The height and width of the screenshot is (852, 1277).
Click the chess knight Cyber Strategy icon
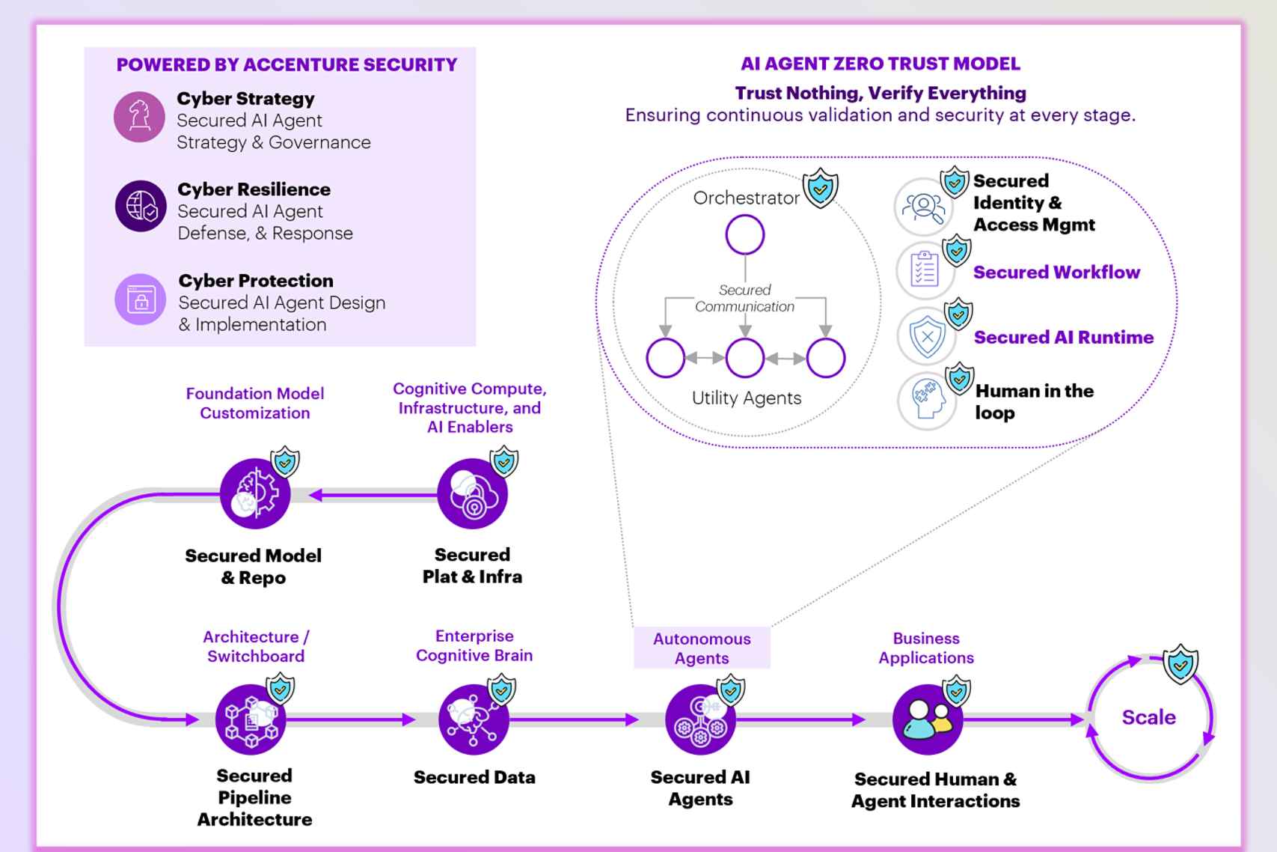coord(139,117)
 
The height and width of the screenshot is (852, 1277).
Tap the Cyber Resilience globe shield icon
coord(141,206)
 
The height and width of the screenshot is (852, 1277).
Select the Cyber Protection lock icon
coord(141,299)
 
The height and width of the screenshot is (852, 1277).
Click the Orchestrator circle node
coord(744,235)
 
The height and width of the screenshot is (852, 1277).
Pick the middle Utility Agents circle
coord(744,358)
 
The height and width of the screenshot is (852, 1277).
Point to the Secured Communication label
coord(744,298)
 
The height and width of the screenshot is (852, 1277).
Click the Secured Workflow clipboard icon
coord(925,270)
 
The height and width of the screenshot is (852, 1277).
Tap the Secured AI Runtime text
coord(1063,338)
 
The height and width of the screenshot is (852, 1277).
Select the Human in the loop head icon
coord(927,402)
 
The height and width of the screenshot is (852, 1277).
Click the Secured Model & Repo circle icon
coord(255,494)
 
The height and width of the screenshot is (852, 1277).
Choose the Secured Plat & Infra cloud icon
coord(472,494)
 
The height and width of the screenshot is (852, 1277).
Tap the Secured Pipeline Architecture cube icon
coord(251,719)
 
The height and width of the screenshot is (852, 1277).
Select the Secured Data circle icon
coord(474,719)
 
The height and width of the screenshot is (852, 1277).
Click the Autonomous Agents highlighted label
coord(702,648)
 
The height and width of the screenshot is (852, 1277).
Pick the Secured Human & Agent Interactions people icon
coord(927,719)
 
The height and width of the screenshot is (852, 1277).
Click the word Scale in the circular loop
coord(1148,717)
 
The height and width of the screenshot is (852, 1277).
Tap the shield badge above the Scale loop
coord(1180,663)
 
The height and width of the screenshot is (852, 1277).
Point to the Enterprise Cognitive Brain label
coord(474,645)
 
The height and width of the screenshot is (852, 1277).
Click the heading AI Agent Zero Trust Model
coord(880,64)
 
